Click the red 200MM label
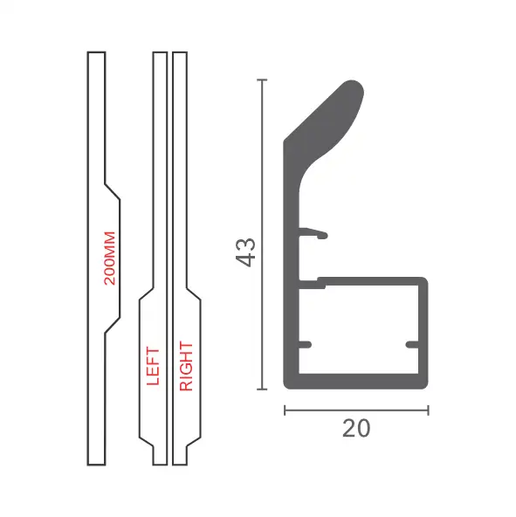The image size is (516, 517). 110,258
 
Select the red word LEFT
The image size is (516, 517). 153,366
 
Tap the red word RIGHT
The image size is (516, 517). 186,366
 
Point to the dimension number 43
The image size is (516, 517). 246,252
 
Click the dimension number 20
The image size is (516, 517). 356,428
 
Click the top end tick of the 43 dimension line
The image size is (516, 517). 262,79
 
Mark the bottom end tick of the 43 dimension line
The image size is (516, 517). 262,389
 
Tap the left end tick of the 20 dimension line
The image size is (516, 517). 285,410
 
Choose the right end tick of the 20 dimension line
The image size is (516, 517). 428,410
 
